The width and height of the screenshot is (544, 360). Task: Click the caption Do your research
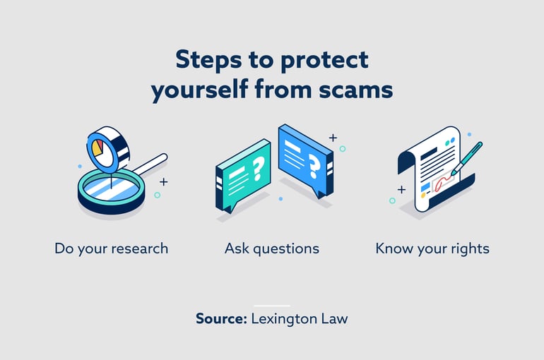111,248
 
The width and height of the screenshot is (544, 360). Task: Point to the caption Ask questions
271,248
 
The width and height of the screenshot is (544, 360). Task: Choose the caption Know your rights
432,248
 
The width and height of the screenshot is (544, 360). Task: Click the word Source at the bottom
220,318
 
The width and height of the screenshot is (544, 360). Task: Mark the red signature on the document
442,184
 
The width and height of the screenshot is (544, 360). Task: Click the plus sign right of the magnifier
163,181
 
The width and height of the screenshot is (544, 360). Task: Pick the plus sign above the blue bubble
333,137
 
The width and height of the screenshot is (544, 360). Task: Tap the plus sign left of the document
401,189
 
